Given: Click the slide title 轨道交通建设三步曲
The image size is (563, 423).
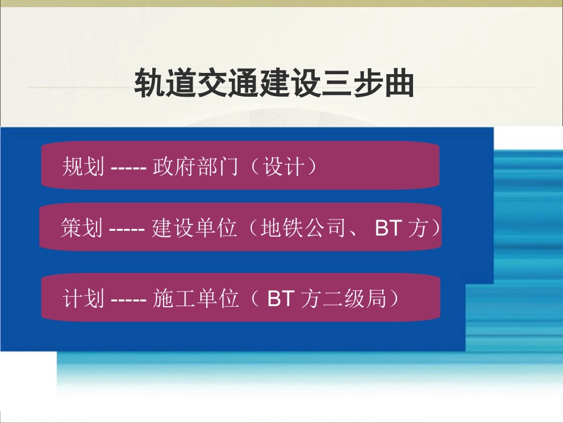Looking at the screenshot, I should point(274,84).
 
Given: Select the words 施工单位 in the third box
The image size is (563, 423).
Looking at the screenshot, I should point(195,298).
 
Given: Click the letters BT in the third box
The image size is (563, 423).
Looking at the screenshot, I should point(280,298).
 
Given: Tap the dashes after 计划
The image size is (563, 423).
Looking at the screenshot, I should point(129,299).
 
